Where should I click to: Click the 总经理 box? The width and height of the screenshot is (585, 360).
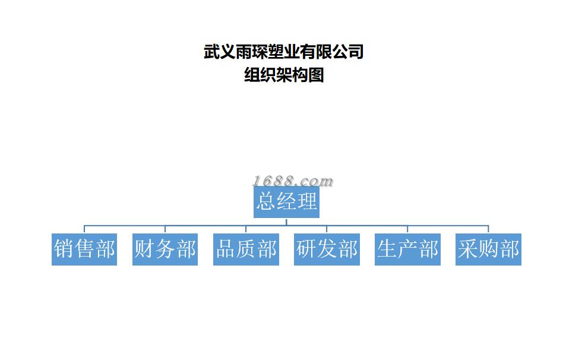[x=286, y=202]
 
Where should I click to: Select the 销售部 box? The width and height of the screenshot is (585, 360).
[x=84, y=250]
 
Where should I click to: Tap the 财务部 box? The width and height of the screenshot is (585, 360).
[x=165, y=250]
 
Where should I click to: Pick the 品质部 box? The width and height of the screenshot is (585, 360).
[x=246, y=250]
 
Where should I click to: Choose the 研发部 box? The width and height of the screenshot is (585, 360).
[x=327, y=250]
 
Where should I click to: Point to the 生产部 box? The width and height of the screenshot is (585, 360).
[x=407, y=250]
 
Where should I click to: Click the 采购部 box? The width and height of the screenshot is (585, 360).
[x=488, y=250]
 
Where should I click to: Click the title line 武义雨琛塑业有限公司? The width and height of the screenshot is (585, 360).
[x=283, y=52]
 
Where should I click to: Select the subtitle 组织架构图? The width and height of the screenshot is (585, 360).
[x=284, y=75]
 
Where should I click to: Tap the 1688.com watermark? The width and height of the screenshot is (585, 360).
[x=292, y=181]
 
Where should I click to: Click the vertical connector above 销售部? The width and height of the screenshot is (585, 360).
[x=84, y=229]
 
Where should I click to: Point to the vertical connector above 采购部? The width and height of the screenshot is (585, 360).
[x=488, y=229]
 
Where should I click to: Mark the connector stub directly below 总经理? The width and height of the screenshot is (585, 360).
[x=286, y=222]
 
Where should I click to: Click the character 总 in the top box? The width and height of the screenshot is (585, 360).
[x=265, y=201]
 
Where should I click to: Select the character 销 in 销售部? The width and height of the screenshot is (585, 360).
[x=63, y=249]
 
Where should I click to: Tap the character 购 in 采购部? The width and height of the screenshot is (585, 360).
[x=489, y=249]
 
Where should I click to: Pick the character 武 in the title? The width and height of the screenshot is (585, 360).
[x=211, y=52]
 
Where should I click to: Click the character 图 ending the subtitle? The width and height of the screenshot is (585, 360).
[x=316, y=75]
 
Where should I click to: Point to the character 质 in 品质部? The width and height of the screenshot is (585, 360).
[x=246, y=249]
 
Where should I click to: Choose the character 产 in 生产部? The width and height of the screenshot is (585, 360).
[x=408, y=249]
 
